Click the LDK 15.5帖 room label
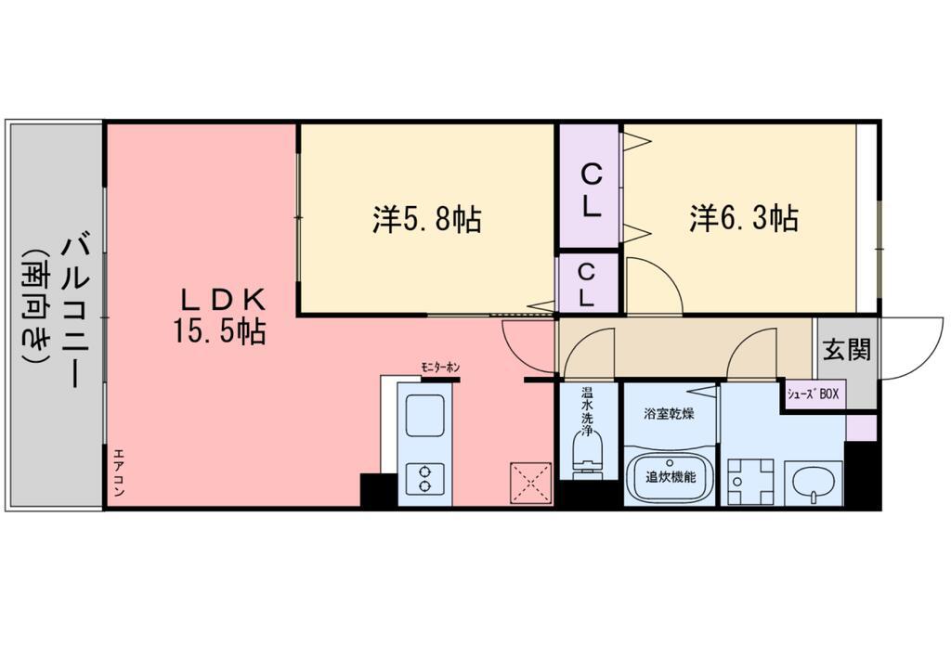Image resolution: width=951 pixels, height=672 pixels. point(219,315)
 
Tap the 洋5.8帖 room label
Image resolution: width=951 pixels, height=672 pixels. point(427,219)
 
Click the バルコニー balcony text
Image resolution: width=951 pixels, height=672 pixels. point(75,312)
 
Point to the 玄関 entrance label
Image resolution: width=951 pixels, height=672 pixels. point(847,349)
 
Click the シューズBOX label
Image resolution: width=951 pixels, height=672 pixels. point(813,394)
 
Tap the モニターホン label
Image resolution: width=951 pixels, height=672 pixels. point(440,368)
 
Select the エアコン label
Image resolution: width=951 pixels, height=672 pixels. point(118,472)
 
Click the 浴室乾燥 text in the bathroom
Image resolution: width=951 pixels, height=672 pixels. point(669,415)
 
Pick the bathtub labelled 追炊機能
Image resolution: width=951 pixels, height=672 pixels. point(671,477)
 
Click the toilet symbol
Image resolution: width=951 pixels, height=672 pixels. point(588,455)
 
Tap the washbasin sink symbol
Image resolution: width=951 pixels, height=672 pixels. point(814,483)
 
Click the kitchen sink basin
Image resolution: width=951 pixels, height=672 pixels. point(424,416)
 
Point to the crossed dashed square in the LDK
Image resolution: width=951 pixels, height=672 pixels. point(530,483)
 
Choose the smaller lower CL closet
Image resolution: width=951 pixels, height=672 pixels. point(588,283)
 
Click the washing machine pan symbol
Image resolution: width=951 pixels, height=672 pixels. point(750,482)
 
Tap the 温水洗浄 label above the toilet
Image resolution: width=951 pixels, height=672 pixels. point(587,412)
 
